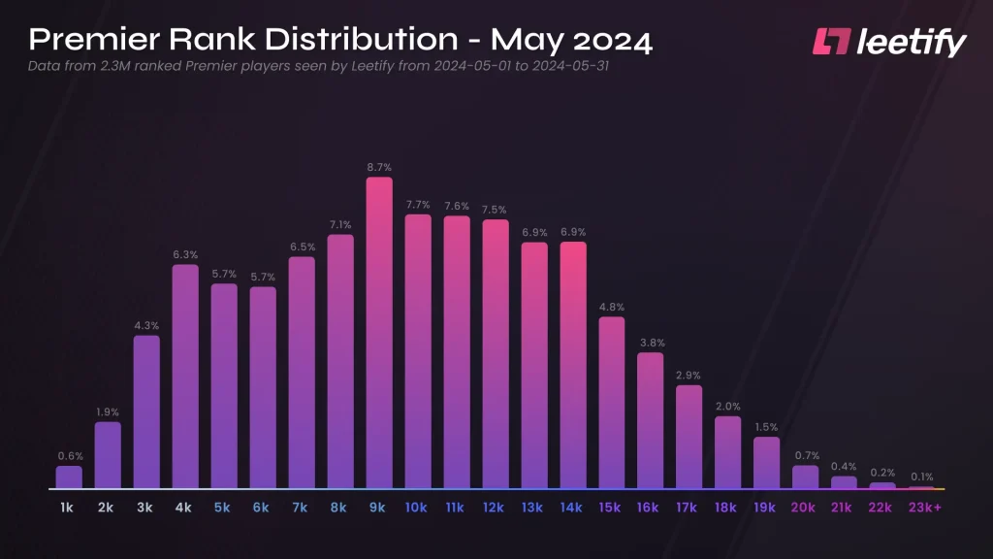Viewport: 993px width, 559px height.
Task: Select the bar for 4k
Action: (x=185, y=376)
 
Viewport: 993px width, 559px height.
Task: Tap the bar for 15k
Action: (x=612, y=402)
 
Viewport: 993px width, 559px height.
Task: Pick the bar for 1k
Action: (x=69, y=477)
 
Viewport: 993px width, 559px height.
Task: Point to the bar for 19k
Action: (x=767, y=462)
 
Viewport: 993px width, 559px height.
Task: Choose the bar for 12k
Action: (x=496, y=353)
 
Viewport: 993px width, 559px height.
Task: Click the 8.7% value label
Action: (x=379, y=167)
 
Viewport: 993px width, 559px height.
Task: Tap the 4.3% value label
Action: (x=146, y=325)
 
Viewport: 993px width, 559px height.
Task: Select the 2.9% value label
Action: (x=689, y=375)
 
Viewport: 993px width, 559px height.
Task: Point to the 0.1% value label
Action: (x=922, y=477)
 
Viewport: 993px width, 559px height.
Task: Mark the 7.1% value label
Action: (x=340, y=224)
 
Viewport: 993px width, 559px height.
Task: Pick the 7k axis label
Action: (x=302, y=507)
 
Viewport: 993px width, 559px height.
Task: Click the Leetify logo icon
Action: (x=832, y=42)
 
